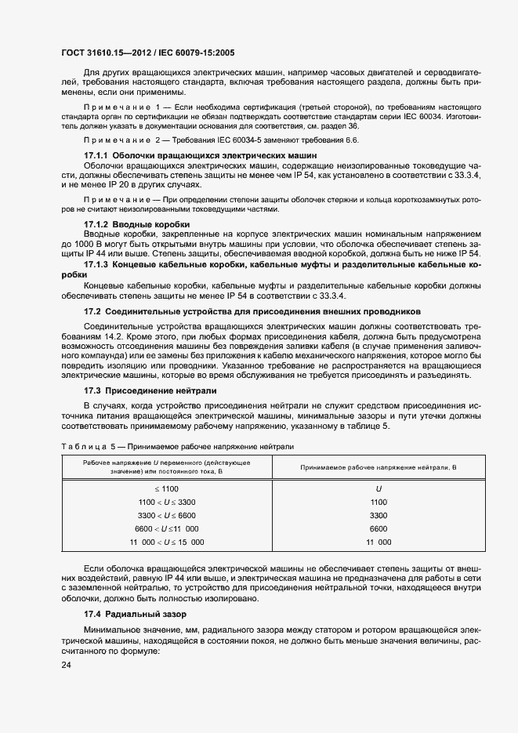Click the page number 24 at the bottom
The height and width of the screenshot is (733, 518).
(67, 666)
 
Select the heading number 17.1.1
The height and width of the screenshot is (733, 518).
(97, 157)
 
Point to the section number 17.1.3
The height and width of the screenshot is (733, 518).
(97, 266)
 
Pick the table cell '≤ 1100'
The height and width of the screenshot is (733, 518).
(165, 488)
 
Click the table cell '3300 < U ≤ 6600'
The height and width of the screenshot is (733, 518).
(165, 515)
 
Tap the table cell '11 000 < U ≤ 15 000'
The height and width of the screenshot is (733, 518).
(165, 542)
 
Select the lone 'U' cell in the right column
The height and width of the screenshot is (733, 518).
(379, 488)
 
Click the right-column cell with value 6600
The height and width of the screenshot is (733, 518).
(379, 528)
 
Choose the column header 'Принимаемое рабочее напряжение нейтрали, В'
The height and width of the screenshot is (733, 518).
(379, 467)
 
